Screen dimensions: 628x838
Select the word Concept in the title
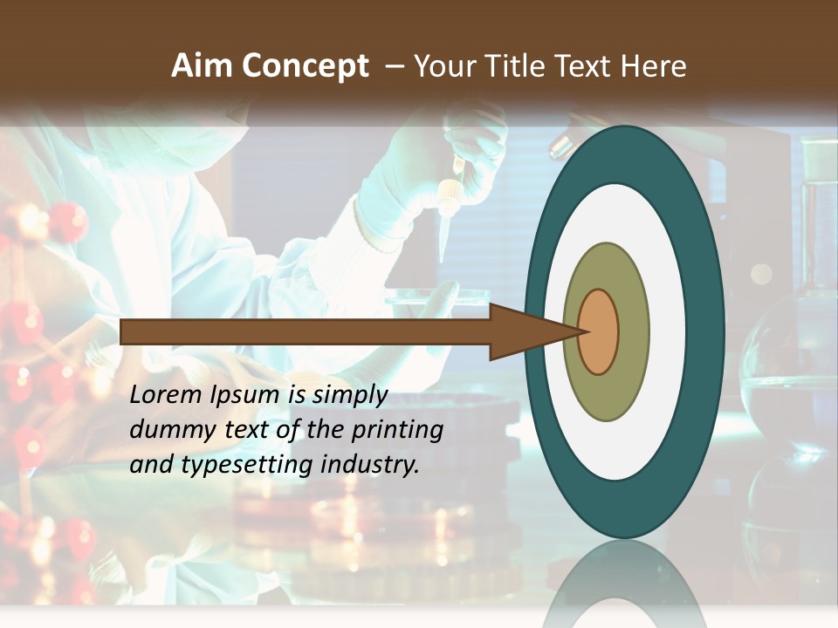pos(305,66)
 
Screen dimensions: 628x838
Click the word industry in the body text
pos(370,465)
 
